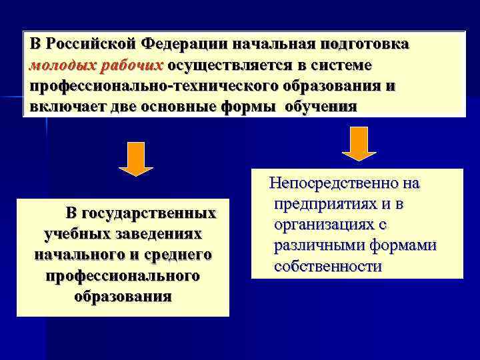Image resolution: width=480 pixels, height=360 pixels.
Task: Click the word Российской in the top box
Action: pyautogui.click(x=90, y=45)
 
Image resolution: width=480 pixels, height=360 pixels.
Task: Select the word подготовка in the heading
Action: pyautogui.click(x=366, y=45)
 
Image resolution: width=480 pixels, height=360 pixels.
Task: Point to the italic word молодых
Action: pyautogui.click(x=64, y=66)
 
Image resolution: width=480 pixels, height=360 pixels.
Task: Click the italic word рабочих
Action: pyautogui.click(x=132, y=66)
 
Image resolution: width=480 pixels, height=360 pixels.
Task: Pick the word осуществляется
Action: pyautogui.click(x=231, y=66)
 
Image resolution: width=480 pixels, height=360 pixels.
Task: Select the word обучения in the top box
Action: pyautogui.click(x=321, y=107)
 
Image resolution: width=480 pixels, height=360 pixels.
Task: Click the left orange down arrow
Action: pyautogui.click(x=137, y=159)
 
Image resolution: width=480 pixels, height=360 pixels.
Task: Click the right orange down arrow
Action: pyautogui.click(x=359, y=143)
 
